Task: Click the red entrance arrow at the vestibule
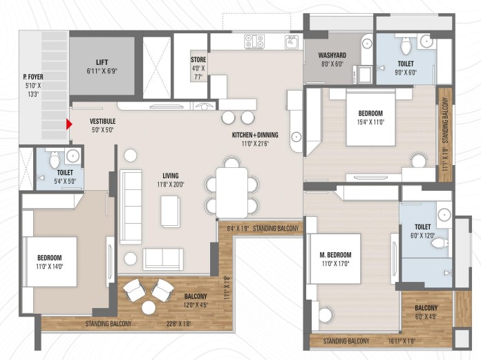tap(69, 124)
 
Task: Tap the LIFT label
tap(102, 62)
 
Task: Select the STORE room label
tap(198, 59)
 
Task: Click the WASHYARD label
tap(332, 55)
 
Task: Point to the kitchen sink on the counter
tap(292, 42)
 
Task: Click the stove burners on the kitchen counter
tap(254, 41)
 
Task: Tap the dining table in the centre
tap(232, 193)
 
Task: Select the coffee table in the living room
tap(171, 211)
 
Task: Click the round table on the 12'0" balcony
tap(149, 307)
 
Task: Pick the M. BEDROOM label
tap(335, 255)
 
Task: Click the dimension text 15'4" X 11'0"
tap(370, 122)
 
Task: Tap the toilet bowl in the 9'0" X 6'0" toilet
tap(406, 46)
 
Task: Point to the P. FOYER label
tap(33, 77)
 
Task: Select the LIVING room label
tap(171, 176)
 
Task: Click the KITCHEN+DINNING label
tap(255, 135)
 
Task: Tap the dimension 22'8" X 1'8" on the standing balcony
tap(179, 323)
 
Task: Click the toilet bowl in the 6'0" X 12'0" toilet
tap(440, 244)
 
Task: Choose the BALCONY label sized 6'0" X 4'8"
tap(426, 308)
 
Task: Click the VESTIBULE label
tap(102, 121)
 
